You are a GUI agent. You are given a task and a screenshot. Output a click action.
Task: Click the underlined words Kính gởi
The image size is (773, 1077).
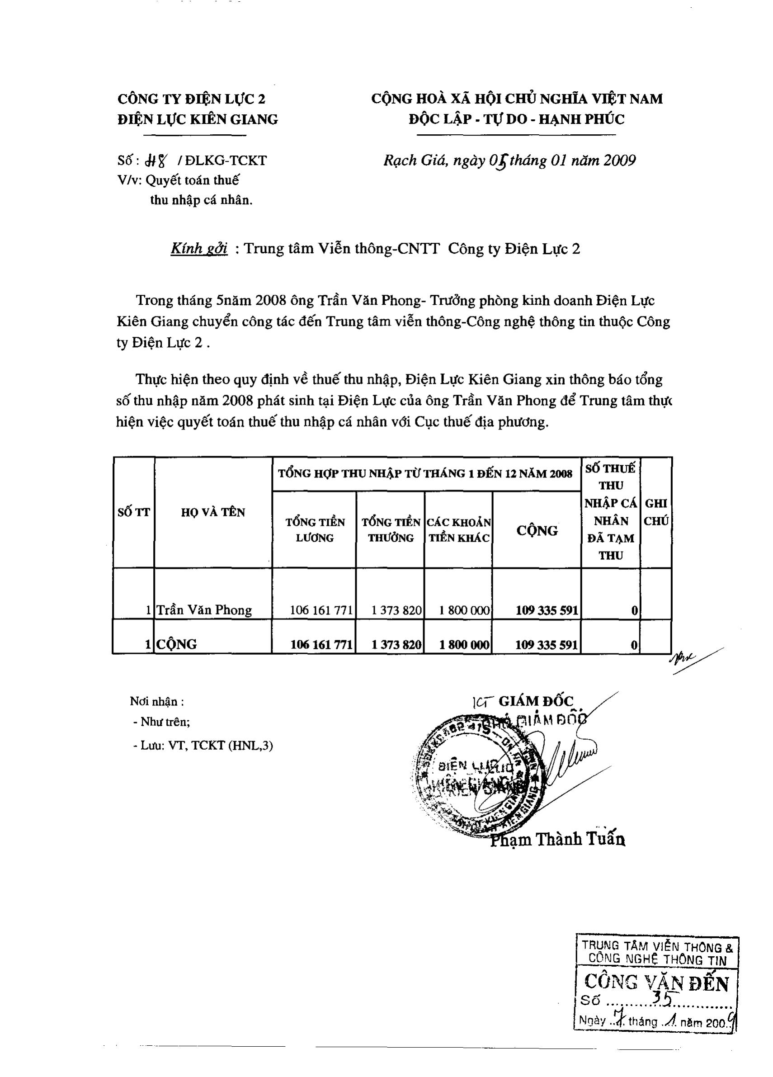click(199, 248)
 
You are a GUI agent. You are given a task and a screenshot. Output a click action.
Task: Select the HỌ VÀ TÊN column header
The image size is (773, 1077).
click(213, 512)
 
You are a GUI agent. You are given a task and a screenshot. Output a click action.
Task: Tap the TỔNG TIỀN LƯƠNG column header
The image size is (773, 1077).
click(315, 530)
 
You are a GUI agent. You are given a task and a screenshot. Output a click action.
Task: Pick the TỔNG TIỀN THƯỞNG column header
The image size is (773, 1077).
click(391, 530)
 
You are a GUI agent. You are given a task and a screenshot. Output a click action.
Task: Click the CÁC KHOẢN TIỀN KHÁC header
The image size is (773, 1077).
click(459, 530)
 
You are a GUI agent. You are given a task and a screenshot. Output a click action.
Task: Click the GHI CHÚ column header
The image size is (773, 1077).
click(656, 512)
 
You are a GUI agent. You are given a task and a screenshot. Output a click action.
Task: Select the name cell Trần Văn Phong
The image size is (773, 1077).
click(204, 610)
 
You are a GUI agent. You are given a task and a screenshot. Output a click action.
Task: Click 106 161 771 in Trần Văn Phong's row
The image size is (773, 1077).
click(321, 610)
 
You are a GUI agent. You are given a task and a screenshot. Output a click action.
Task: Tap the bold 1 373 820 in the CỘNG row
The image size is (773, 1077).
click(396, 644)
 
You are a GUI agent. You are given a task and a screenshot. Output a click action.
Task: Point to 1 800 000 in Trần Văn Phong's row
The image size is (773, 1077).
click(464, 610)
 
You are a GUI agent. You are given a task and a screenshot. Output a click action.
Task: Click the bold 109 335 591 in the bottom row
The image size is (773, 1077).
click(547, 644)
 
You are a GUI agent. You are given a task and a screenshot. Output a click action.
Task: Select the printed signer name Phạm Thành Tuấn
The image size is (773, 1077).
click(557, 840)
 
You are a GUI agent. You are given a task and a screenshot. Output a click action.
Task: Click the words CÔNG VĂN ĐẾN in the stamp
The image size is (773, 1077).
click(656, 982)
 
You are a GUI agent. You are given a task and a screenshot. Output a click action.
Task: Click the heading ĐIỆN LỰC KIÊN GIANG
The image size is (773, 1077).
click(198, 119)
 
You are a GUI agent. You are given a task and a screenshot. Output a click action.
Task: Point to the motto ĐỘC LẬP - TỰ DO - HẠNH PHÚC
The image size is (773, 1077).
click(517, 119)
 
